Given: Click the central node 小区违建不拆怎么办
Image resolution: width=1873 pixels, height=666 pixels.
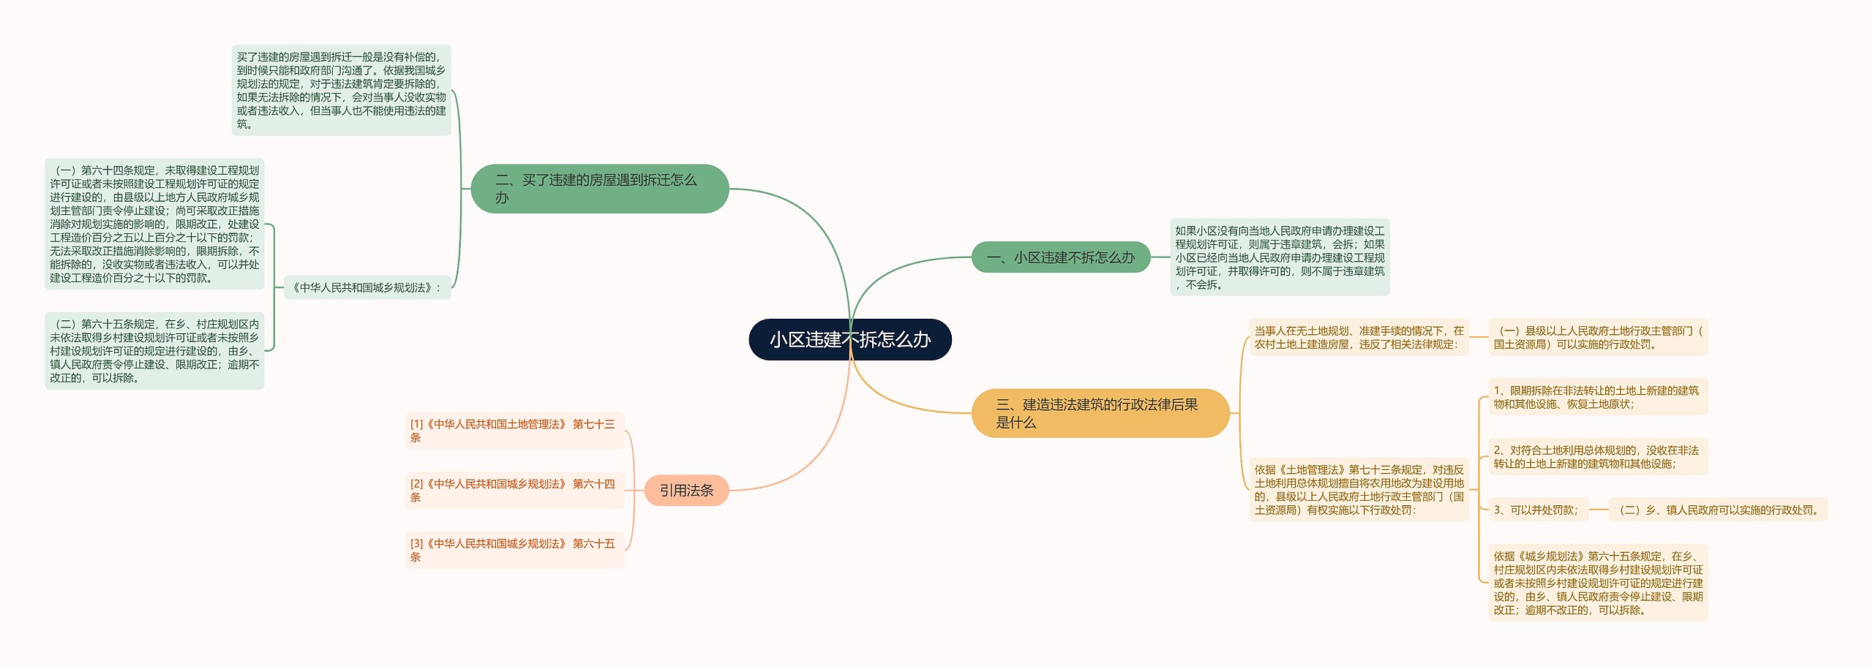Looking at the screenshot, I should (849, 339).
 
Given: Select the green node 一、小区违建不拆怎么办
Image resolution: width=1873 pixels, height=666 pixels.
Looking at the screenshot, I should (1060, 257).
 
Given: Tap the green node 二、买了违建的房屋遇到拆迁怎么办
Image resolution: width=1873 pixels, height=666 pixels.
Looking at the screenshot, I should (599, 189).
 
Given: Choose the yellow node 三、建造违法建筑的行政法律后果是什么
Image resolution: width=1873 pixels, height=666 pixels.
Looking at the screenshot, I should (1100, 413).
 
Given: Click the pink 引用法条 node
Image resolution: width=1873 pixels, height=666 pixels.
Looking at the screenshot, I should (686, 490).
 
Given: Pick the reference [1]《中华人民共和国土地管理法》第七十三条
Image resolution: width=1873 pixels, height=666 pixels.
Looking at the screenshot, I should (514, 431).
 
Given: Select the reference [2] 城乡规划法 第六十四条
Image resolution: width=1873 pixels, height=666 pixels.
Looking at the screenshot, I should (514, 490).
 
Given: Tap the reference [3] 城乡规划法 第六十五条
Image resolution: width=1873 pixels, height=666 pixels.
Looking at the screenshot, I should (514, 550).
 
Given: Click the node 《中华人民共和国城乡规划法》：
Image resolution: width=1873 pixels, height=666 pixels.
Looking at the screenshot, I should (367, 287).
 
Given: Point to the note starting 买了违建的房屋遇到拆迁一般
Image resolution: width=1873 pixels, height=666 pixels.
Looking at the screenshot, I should (341, 90).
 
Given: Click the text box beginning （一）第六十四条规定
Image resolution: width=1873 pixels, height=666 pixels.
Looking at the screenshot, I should (154, 224).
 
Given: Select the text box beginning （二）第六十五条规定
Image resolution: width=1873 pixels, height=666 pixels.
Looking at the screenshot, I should (154, 351).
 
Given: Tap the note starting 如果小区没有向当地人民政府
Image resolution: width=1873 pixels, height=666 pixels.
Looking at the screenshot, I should (1279, 257).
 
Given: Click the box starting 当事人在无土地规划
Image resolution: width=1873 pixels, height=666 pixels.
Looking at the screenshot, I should (1359, 337).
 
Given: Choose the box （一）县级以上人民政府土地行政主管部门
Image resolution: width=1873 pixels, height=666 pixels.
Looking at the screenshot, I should (1597, 337).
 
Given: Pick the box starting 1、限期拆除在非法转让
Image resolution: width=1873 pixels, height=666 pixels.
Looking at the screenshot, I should (1597, 397).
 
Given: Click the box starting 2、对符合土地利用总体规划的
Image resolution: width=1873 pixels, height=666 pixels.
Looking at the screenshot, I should (1597, 457).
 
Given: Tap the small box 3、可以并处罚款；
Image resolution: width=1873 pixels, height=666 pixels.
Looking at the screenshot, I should (1537, 510).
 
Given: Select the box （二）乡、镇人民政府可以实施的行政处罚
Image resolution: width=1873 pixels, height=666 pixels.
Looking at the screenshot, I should (1717, 510).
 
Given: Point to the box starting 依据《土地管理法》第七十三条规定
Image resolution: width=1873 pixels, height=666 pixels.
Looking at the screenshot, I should (1359, 490).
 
